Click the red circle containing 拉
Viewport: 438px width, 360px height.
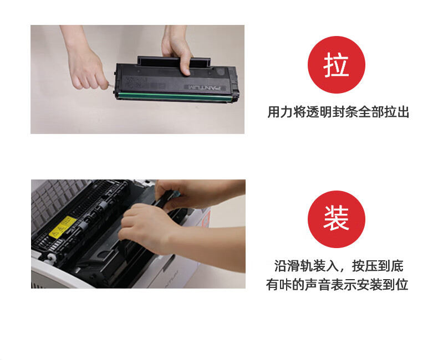click(337, 65)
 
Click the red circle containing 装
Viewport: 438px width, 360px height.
click(337, 219)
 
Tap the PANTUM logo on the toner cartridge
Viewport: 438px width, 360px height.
click(205, 88)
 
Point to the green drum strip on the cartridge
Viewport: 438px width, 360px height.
click(175, 96)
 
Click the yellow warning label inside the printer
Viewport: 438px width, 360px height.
click(63, 227)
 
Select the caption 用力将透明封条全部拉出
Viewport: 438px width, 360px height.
click(338, 112)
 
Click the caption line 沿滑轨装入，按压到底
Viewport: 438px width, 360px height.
click(339, 266)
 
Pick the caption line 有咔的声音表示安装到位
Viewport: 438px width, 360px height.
click(337, 285)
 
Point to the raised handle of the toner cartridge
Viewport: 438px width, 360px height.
click(173, 62)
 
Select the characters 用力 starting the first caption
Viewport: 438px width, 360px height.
click(280, 112)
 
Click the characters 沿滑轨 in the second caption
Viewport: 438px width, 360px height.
click(293, 266)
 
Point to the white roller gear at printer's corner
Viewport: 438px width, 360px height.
click(50, 258)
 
